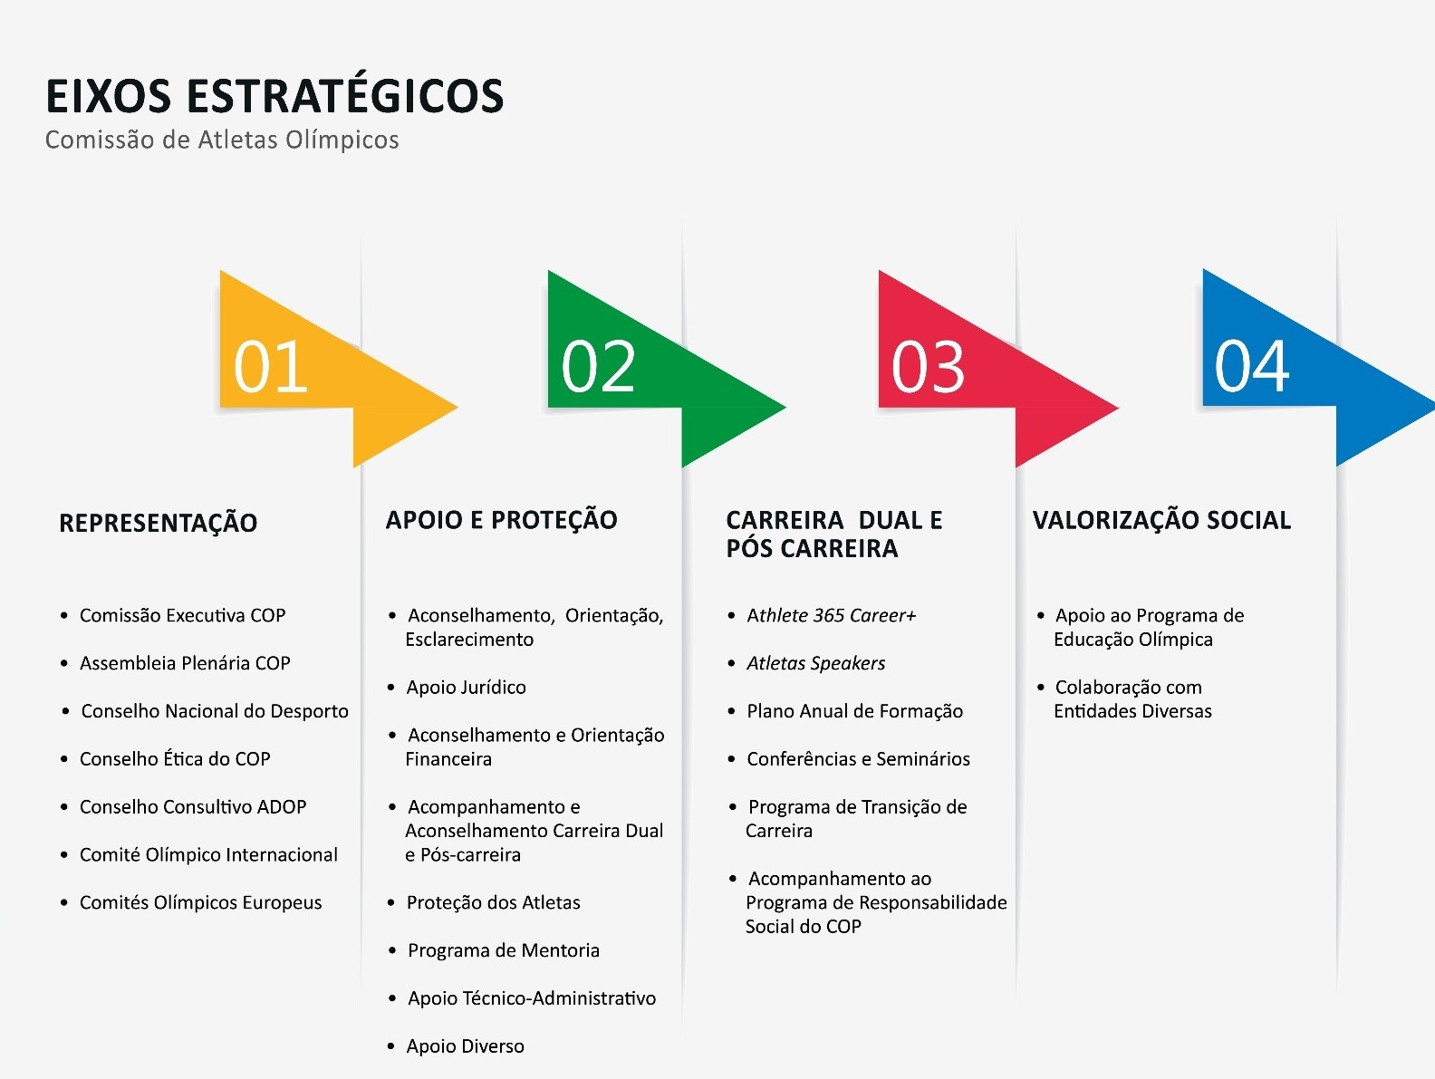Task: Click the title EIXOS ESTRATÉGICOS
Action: click(x=274, y=95)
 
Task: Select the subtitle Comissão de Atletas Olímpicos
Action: click(x=222, y=140)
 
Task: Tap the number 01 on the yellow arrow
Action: click(x=271, y=366)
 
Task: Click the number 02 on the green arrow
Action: click(x=598, y=366)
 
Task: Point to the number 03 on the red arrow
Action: click(x=929, y=366)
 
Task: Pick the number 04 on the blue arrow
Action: click(x=1252, y=366)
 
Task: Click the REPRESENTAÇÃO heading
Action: click(x=159, y=522)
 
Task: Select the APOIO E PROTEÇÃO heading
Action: click(x=501, y=519)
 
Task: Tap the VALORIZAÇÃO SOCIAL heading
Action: click(x=1161, y=520)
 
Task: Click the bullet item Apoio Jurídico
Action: click(x=467, y=687)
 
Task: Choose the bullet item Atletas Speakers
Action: click(x=816, y=663)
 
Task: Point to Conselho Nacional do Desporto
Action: click(x=215, y=711)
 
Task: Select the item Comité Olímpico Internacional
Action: click(x=208, y=855)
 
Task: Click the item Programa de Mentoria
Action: click(x=504, y=950)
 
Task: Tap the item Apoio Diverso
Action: click(x=466, y=1046)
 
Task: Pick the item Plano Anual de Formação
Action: click(x=855, y=711)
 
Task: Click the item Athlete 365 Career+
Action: click(x=832, y=616)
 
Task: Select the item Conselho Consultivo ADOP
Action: click(x=193, y=807)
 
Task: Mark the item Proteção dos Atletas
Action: click(x=494, y=902)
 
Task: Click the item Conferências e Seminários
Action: click(x=859, y=759)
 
